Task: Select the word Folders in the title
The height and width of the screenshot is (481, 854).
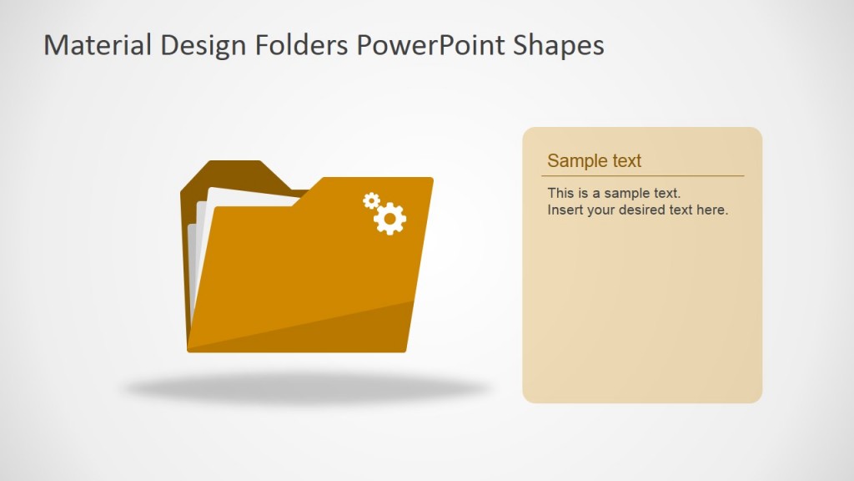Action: click(296, 45)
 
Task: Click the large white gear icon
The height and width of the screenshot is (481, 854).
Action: click(389, 218)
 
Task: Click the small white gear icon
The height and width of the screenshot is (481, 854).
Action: click(371, 200)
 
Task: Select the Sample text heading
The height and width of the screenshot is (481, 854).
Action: click(594, 161)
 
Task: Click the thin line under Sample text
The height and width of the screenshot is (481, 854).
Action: click(642, 176)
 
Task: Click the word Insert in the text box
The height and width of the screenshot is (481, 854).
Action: click(565, 210)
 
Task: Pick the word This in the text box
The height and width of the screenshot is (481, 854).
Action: click(560, 194)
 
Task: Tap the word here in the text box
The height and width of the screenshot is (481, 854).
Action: click(711, 210)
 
